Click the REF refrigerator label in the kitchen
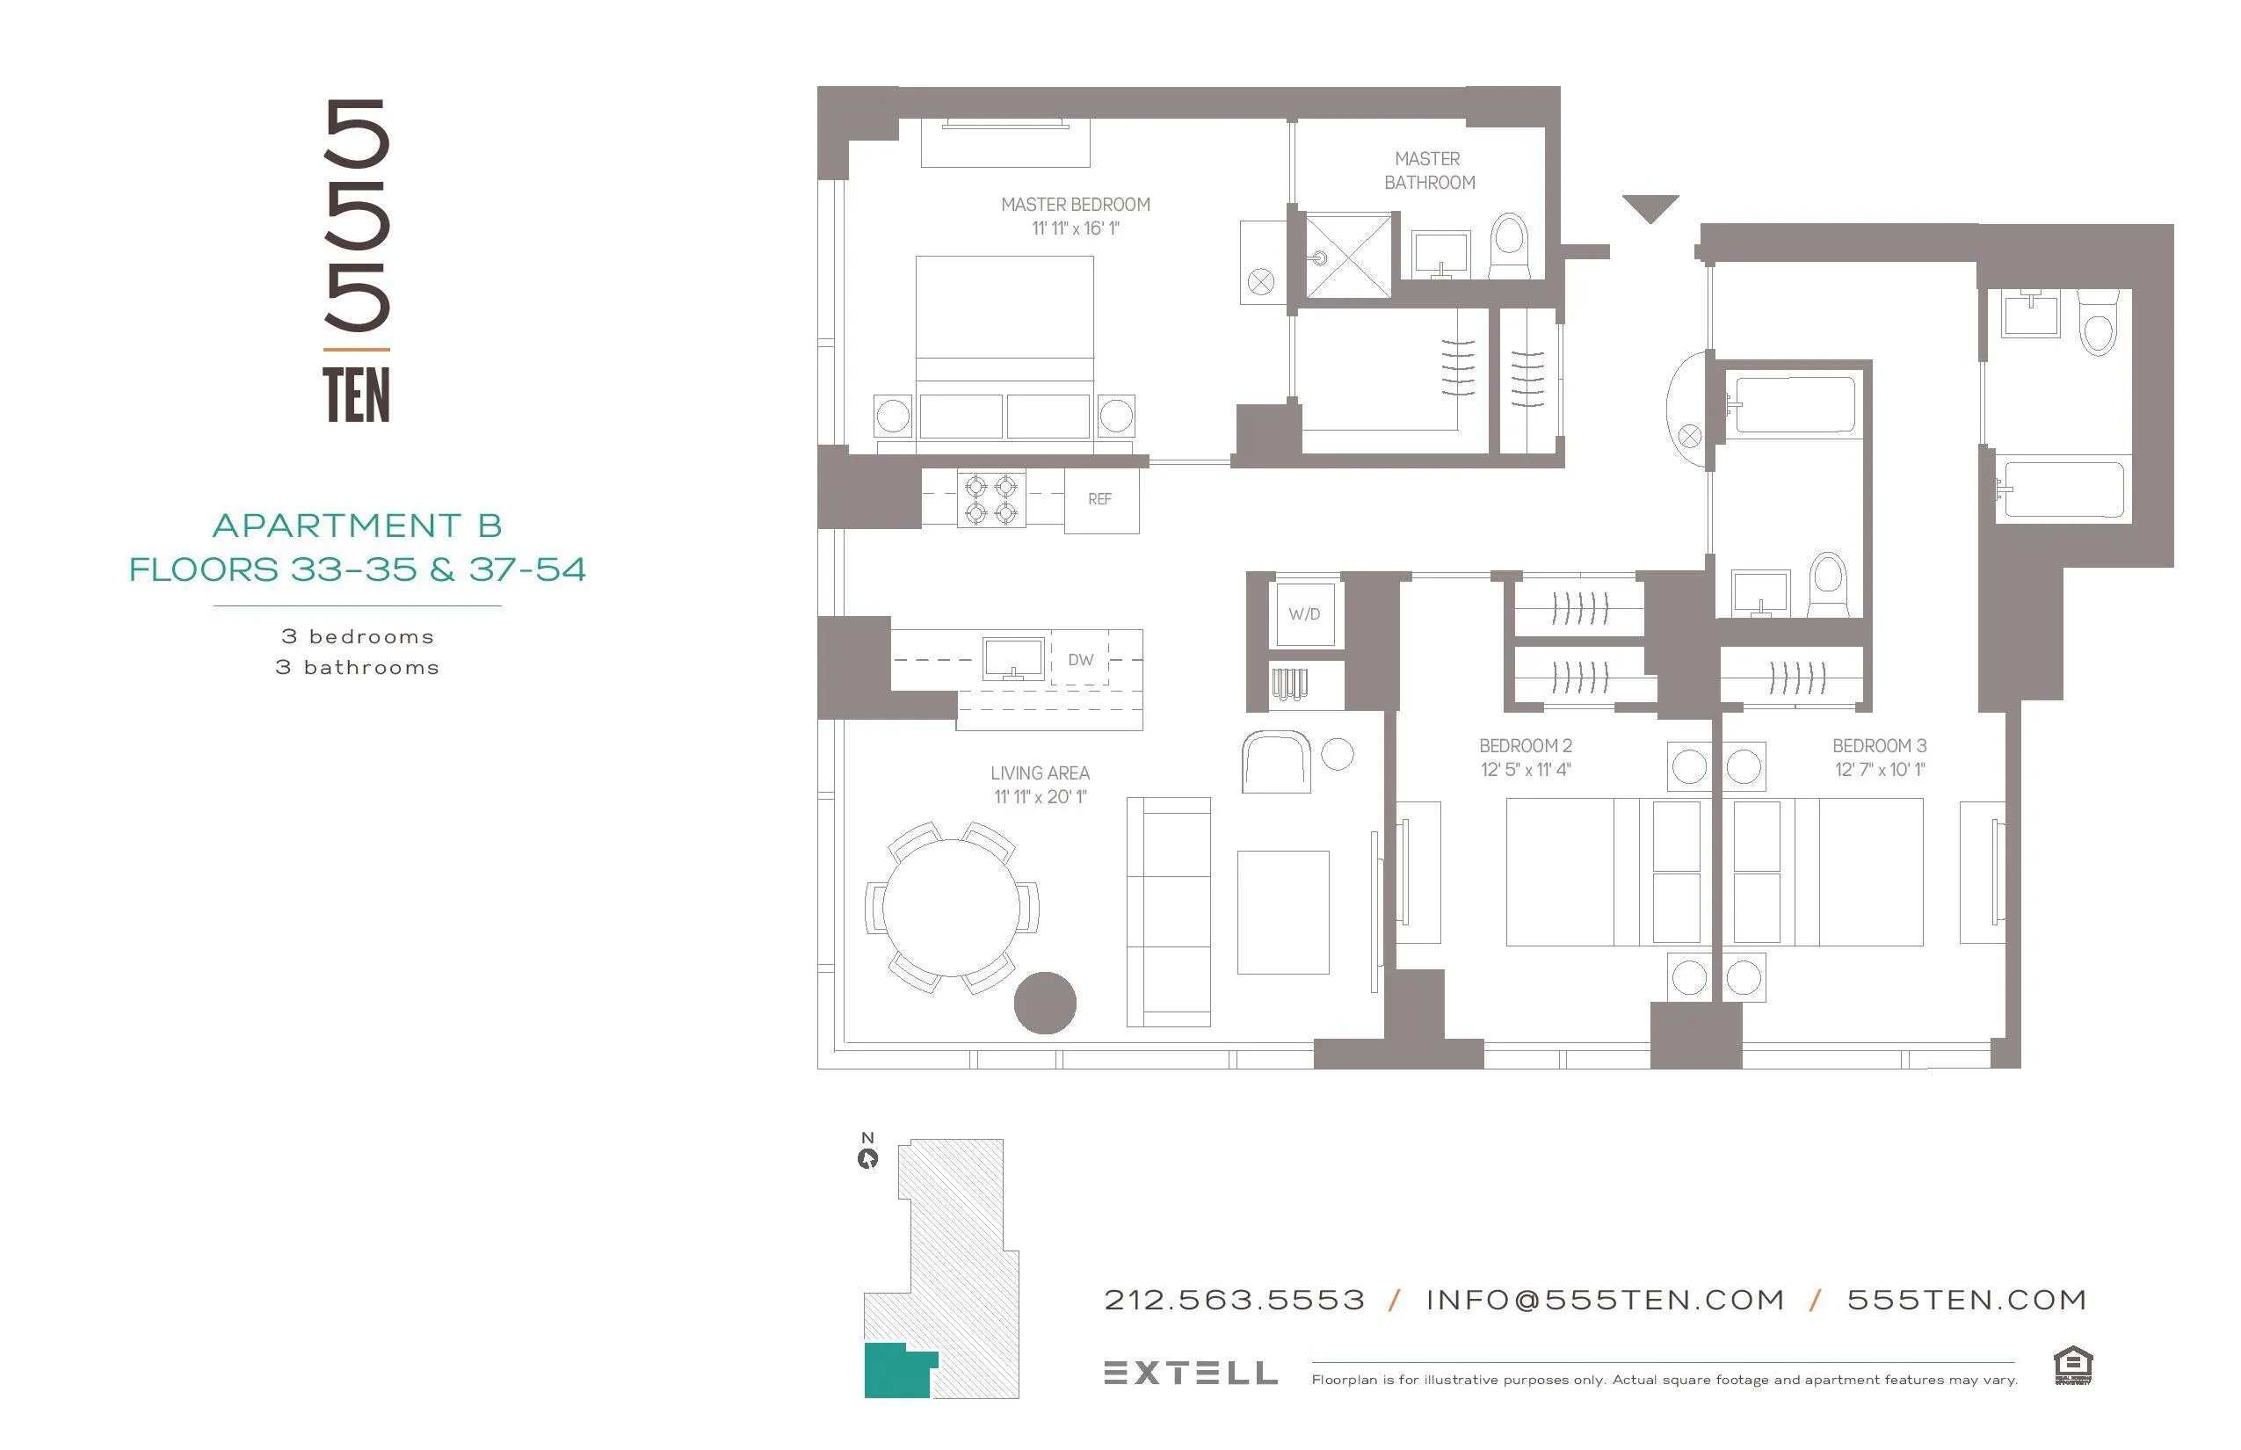(x=1099, y=499)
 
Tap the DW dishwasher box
(x=1080, y=659)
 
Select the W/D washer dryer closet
(x=1304, y=614)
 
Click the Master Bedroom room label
(x=1076, y=204)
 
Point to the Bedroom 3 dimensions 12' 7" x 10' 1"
(x=1880, y=769)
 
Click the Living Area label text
(x=1040, y=773)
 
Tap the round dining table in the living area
(x=951, y=908)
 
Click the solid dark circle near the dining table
(x=1044, y=1003)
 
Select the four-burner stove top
(x=990, y=499)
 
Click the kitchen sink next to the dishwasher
(x=1013, y=657)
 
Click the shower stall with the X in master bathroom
(x=1346, y=255)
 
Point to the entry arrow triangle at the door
(x=1650, y=207)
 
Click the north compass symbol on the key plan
(x=867, y=1157)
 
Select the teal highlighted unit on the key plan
(x=895, y=1371)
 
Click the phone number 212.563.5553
(x=1234, y=1301)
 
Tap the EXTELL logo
(x=1190, y=1373)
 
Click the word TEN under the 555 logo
(x=356, y=395)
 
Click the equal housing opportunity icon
(x=2072, y=1366)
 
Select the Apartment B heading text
(x=357, y=526)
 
